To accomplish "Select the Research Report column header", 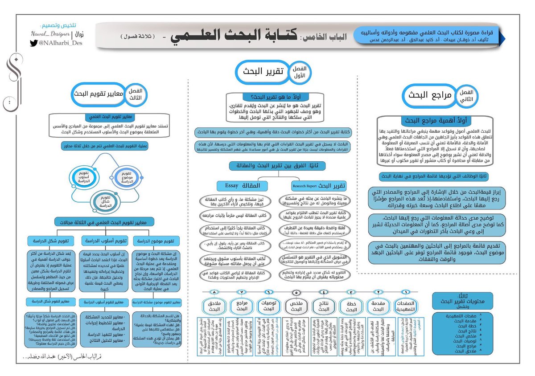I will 317,185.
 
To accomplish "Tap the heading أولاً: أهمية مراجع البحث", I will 435,120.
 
